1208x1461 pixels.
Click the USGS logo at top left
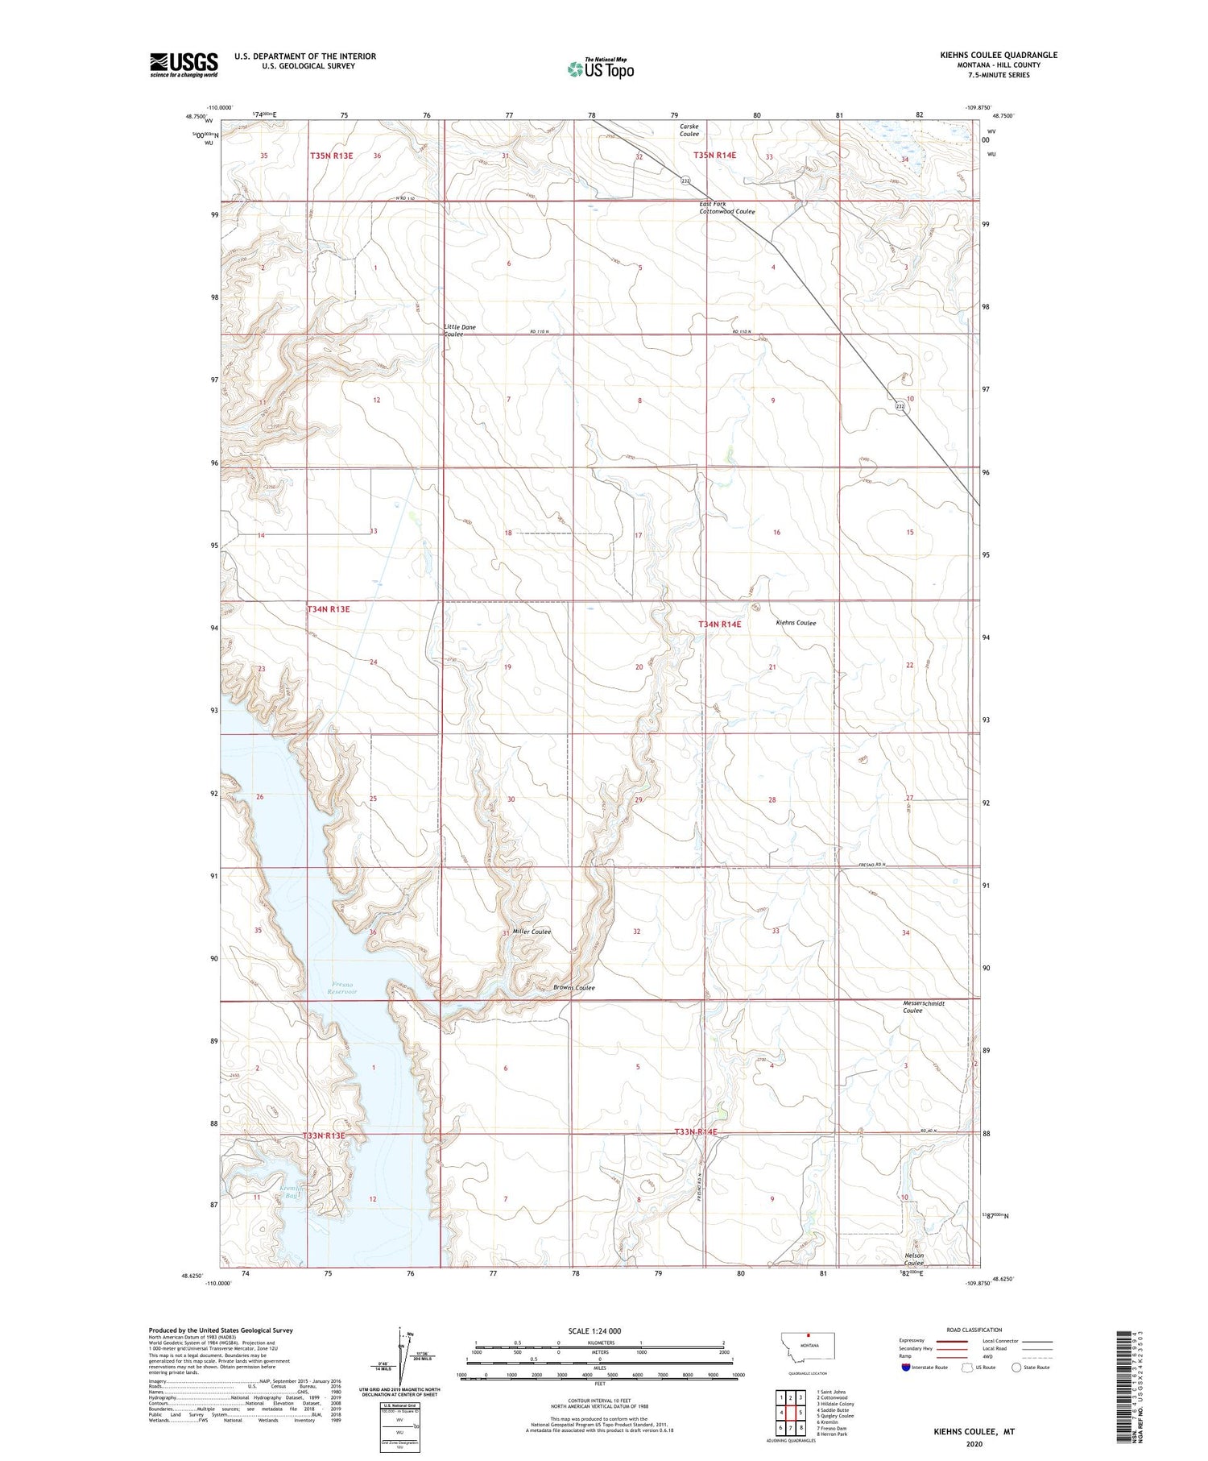tap(184, 64)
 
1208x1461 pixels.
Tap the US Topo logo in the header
tap(601, 69)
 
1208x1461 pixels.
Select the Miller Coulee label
tap(532, 932)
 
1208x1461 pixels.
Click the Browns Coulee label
tap(573, 988)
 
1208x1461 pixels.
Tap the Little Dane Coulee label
tap(459, 330)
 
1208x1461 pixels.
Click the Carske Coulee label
tap(689, 130)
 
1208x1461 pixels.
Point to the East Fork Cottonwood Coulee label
tap(726, 208)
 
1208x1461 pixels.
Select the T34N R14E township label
tap(720, 624)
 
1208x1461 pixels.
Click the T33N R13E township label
tap(324, 1135)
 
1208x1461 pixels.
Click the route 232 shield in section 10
tap(900, 407)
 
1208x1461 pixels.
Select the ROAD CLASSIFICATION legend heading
tap(974, 1330)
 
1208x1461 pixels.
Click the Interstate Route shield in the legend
tap(906, 1367)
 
